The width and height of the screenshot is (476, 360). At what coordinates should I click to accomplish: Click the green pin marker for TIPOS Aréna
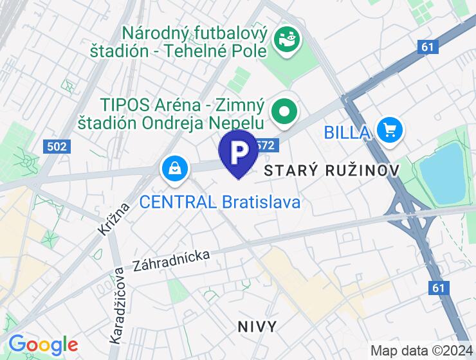[x=284, y=111]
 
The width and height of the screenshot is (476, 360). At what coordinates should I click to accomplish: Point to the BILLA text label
[x=347, y=133]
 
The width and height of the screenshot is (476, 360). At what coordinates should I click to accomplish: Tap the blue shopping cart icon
[x=389, y=130]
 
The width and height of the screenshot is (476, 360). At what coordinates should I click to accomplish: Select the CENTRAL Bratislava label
[x=220, y=202]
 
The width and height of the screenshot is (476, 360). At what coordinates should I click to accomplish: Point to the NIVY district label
[x=257, y=327]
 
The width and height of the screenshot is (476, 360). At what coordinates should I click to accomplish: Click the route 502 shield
[x=57, y=147]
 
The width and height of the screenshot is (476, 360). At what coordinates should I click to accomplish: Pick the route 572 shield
[x=266, y=146]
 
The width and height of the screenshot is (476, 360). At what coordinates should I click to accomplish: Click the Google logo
[x=42, y=345]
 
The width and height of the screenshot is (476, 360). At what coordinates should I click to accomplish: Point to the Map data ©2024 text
[x=421, y=350]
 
